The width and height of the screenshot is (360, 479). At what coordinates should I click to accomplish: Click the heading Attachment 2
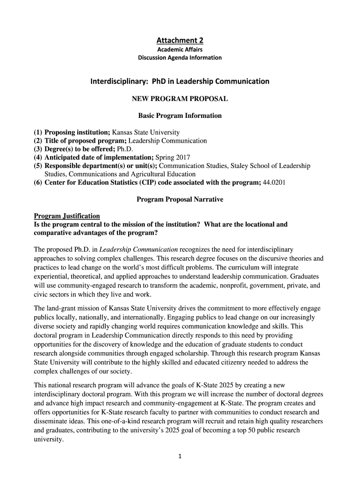pos(180,40)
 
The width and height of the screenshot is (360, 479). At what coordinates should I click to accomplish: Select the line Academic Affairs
pos(180,50)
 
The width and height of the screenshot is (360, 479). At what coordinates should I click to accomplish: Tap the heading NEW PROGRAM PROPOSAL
pos(180,99)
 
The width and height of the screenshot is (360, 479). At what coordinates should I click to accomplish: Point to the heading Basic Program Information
pos(180,116)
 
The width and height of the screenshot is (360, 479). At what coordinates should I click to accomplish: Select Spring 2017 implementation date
pos(173,157)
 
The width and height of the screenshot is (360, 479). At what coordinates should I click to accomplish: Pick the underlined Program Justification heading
pos(67,216)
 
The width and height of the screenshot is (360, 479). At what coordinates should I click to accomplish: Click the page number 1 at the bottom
pos(180,457)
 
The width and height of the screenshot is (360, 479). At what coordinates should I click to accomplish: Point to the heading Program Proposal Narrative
pos(180,199)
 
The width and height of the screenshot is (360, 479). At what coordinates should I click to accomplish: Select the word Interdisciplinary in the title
pos(117,81)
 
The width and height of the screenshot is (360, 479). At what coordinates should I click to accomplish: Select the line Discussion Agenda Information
pos(180,58)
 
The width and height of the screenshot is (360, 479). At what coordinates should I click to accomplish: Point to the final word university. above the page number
pos(49,439)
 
